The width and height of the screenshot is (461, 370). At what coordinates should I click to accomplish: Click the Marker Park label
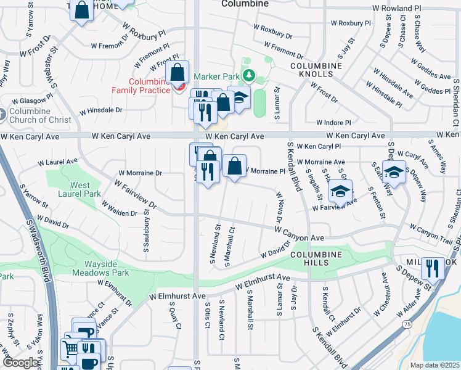[x=216, y=76]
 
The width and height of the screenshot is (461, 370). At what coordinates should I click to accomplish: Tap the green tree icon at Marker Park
[x=248, y=76]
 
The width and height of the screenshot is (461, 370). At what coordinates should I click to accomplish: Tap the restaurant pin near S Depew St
[x=433, y=268]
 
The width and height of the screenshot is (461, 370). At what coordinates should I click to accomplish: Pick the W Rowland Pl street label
[x=397, y=9]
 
